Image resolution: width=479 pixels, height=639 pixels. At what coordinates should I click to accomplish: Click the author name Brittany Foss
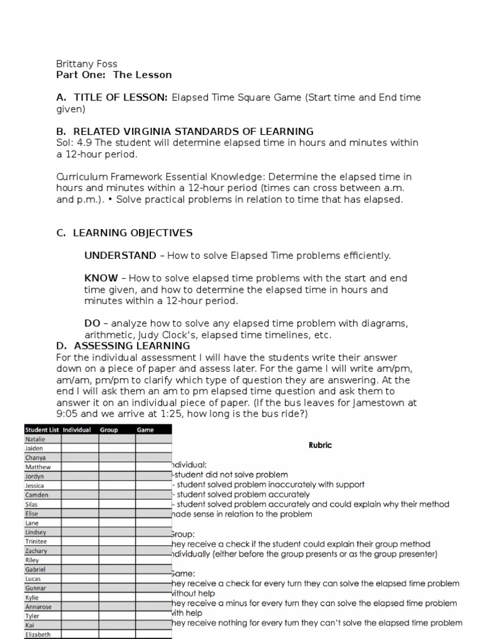[86, 64]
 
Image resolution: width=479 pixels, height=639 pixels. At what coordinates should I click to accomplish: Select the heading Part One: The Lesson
[114, 75]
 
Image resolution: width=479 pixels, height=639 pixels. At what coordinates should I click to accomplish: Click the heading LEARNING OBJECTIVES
[132, 233]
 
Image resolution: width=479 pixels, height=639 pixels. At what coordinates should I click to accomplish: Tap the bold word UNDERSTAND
[120, 255]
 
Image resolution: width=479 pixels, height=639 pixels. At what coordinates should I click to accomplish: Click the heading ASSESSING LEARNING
[132, 346]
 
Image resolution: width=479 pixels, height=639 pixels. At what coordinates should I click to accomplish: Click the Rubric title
[320, 445]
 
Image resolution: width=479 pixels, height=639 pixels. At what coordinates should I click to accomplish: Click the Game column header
[145, 430]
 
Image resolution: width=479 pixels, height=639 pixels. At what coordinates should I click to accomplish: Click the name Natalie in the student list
[35, 439]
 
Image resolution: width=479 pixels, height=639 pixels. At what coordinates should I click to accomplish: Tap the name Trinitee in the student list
[36, 542]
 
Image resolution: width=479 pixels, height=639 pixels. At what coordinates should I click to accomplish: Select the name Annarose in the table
[39, 607]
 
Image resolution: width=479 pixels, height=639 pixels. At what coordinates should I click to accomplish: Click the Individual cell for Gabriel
[80, 570]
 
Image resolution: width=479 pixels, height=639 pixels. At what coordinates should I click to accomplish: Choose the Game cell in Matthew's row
[153, 467]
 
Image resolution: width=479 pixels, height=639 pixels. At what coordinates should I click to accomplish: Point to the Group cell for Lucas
[117, 579]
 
